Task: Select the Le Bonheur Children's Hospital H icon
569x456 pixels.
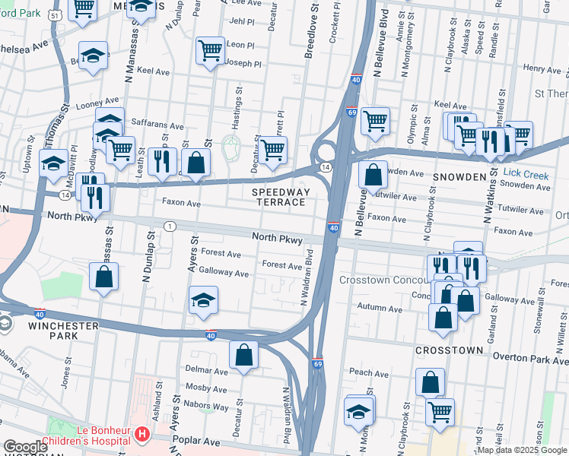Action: pyautogui.click(x=141, y=435)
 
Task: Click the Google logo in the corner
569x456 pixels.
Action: pyautogui.click(x=25, y=447)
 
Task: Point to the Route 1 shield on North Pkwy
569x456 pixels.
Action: pyautogui.click(x=169, y=226)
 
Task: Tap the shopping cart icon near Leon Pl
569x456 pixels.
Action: pyautogui.click(x=209, y=51)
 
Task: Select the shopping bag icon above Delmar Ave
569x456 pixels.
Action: pyautogui.click(x=243, y=354)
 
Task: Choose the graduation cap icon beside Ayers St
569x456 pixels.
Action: pyautogui.click(x=203, y=300)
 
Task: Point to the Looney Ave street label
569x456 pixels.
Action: pyautogui.click(x=97, y=103)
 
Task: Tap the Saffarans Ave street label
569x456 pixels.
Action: pyautogui.click(x=157, y=126)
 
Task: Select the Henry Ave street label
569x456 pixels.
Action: pyautogui.click(x=542, y=69)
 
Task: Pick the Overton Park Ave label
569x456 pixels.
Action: pyautogui.click(x=531, y=356)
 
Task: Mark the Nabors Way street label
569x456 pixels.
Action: pyautogui.click(x=209, y=407)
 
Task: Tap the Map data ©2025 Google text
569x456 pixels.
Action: pyautogui.click(x=521, y=450)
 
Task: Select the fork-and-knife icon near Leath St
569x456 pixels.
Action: pyautogui.click(x=161, y=160)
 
